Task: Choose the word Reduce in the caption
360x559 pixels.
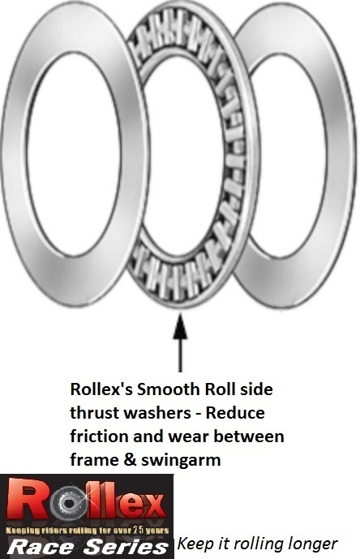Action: point(235,413)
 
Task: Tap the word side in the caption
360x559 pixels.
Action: point(256,389)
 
